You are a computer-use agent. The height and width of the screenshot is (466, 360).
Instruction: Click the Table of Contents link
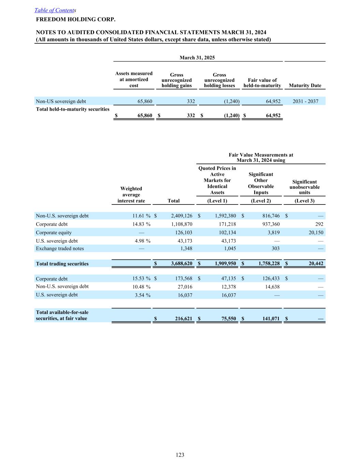(x=55, y=10)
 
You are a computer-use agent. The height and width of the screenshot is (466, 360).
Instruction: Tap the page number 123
(x=180, y=455)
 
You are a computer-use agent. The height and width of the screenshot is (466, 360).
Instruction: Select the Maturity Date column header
(x=305, y=85)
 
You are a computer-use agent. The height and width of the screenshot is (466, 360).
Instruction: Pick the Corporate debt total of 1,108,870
(x=182, y=224)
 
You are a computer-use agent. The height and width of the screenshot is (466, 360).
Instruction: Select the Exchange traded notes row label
(x=60, y=249)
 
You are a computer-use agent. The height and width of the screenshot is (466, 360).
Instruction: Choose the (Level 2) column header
(x=261, y=201)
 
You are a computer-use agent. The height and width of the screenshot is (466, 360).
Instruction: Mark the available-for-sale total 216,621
(x=181, y=319)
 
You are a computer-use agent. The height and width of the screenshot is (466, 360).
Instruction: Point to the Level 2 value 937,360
(x=269, y=224)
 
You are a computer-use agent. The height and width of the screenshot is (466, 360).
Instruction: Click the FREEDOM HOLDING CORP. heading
(x=76, y=19)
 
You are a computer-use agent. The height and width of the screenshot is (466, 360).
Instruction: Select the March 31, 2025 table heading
(x=197, y=58)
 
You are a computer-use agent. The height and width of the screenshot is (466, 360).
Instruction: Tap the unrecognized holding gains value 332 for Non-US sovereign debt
(x=191, y=101)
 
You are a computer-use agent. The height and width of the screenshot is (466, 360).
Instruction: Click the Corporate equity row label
(x=54, y=232)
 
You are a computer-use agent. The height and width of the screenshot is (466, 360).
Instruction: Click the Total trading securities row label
(x=62, y=264)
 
